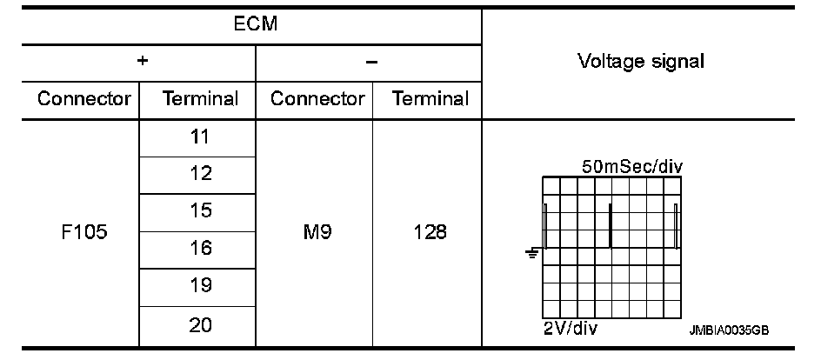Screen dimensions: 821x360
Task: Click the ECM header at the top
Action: click(x=256, y=24)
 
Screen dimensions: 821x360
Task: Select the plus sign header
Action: click(x=142, y=62)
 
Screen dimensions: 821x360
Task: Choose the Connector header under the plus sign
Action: click(x=84, y=98)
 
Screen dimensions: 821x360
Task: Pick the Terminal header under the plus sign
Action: click(x=200, y=98)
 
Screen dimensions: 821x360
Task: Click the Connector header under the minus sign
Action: click(x=317, y=98)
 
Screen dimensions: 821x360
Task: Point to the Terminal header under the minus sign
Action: click(x=431, y=98)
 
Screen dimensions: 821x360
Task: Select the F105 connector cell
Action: click(x=84, y=232)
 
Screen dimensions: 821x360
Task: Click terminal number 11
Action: click(x=200, y=137)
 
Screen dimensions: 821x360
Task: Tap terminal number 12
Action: click(x=200, y=174)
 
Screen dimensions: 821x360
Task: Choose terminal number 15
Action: click(x=200, y=211)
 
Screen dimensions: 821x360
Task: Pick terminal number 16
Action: click(x=200, y=249)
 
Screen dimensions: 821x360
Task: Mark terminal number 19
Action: click(x=200, y=286)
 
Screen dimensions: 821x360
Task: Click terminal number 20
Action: click(x=200, y=325)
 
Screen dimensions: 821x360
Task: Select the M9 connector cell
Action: click(x=317, y=232)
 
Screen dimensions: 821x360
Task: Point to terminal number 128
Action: click(x=431, y=232)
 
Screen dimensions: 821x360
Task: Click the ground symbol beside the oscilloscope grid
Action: click(x=532, y=253)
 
